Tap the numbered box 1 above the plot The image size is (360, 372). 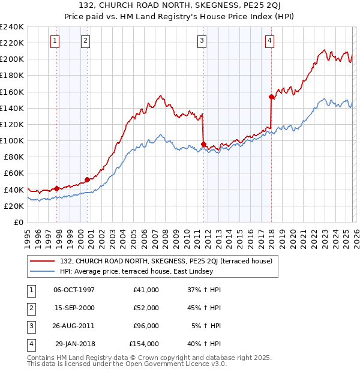pos(55,41)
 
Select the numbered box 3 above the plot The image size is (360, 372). pos(202,41)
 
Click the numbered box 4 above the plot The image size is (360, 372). pos(270,41)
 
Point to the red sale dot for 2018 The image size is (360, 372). pos(272,97)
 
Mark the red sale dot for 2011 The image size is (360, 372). pos(204,144)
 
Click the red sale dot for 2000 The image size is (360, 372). pos(88,179)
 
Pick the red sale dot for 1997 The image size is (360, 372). pos(56,188)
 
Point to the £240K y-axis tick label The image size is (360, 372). pos(12,27)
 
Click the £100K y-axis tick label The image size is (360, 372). pos(12,140)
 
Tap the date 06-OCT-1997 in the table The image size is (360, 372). pos(74,289)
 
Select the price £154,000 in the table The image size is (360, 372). pos(144,344)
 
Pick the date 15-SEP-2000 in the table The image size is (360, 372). pos(74,308)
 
